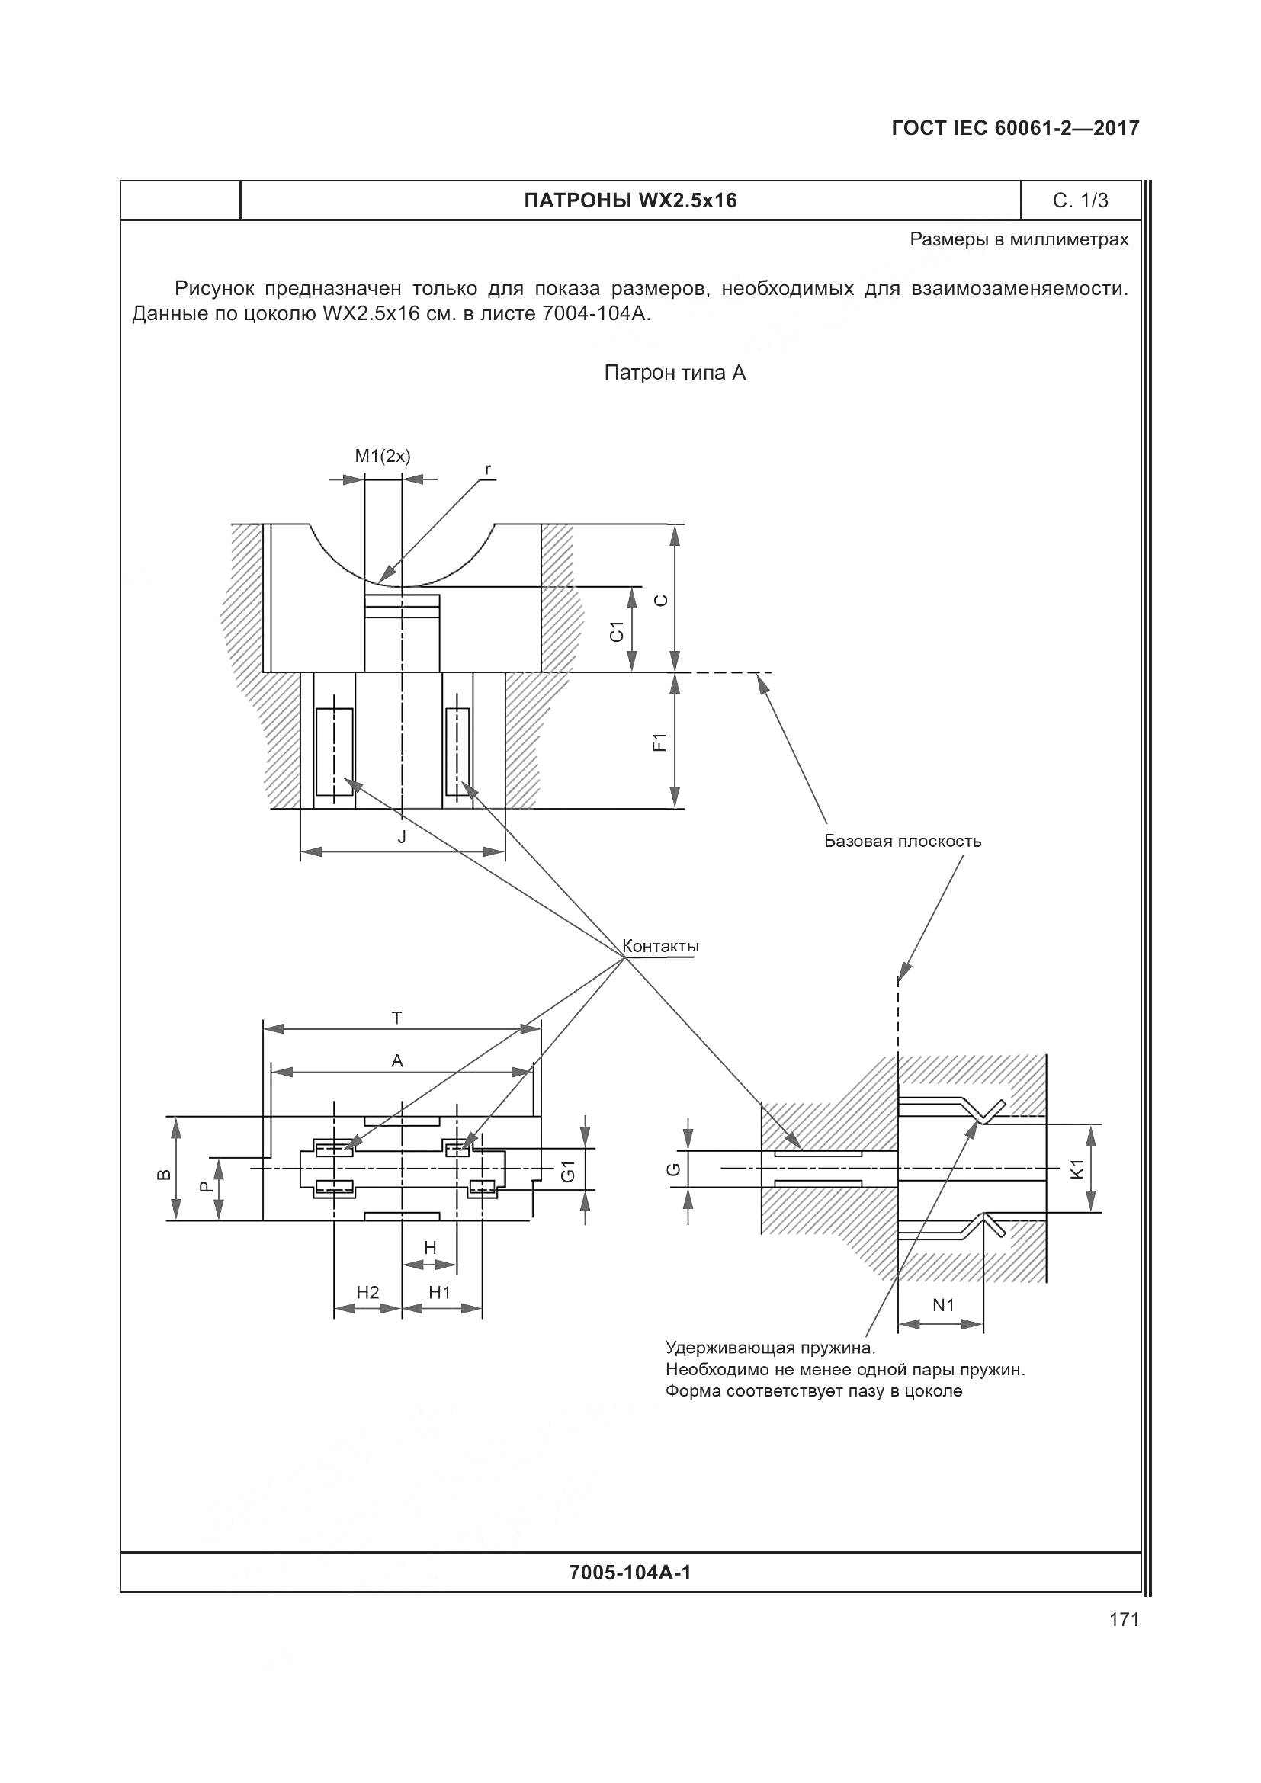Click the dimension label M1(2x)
(382, 456)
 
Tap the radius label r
(488, 469)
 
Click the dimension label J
(402, 836)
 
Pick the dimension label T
(396, 1018)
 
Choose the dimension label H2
(367, 1292)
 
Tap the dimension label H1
(439, 1292)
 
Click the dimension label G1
(569, 1170)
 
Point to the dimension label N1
(942, 1305)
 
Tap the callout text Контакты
(660, 947)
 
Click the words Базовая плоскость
(902, 841)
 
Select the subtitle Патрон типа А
(675, 374)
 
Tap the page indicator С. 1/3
(1080, 201)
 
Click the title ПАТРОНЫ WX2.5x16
(630, 201)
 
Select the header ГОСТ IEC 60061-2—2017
(1015, 129)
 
